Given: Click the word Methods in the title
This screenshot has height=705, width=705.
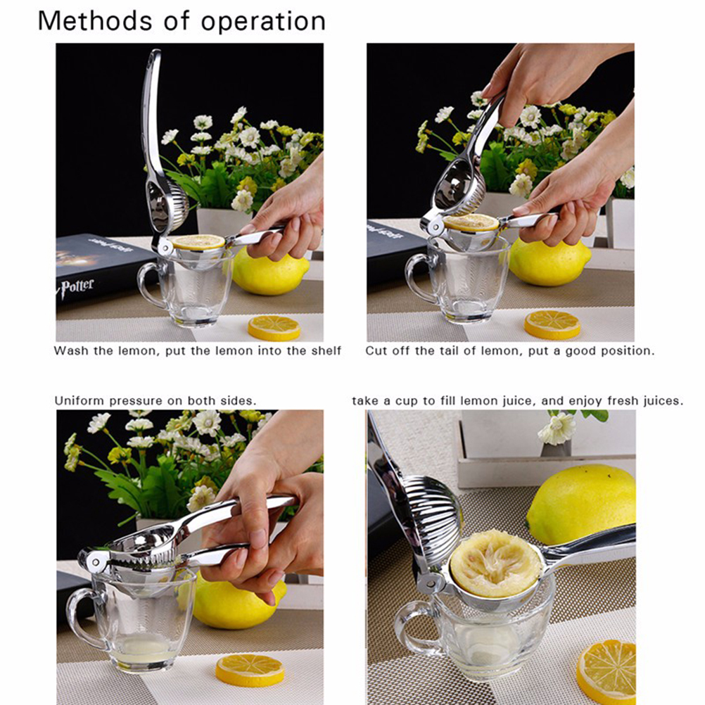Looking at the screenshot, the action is point(95,20).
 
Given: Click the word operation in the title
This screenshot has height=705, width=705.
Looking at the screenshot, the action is point(263,22).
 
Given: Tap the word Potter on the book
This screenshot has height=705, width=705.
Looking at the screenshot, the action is point(77,287).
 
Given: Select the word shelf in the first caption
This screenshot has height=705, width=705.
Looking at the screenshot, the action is point(326,350).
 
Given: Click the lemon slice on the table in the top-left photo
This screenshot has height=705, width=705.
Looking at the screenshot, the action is point(274,328).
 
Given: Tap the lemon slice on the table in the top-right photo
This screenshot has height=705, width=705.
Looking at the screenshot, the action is point(552,324).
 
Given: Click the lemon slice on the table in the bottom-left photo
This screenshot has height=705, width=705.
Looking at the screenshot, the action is point(250,670).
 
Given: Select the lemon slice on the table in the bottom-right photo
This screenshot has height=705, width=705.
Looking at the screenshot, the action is point(607,671).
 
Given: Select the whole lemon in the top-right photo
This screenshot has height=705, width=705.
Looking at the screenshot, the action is point(550,262).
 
